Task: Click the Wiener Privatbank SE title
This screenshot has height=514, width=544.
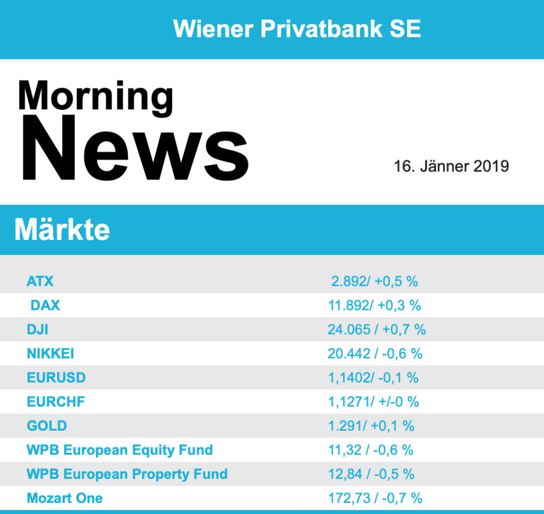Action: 297,29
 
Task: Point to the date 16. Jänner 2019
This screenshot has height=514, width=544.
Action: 451,166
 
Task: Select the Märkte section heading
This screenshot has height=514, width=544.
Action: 62,230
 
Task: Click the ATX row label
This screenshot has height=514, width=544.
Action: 40,281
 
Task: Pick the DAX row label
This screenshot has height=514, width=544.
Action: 45,305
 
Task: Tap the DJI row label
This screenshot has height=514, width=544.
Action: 37,330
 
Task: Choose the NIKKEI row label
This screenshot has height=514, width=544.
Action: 50,354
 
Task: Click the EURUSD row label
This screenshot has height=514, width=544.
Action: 56,378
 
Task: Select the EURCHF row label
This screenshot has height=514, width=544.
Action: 56,402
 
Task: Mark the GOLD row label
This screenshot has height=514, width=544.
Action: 47,426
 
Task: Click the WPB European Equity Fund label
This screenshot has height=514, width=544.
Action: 120,450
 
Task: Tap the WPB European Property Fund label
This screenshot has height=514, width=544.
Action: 127,474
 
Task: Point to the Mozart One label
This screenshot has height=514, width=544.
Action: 64,498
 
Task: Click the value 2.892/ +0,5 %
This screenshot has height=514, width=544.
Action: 375,281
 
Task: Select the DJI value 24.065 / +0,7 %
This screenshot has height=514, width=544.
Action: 377,330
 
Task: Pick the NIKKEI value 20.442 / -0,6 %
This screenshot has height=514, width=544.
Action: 375,354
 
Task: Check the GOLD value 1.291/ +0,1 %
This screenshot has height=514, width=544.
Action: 371,426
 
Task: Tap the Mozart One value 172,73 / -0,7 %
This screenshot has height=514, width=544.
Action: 375,498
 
